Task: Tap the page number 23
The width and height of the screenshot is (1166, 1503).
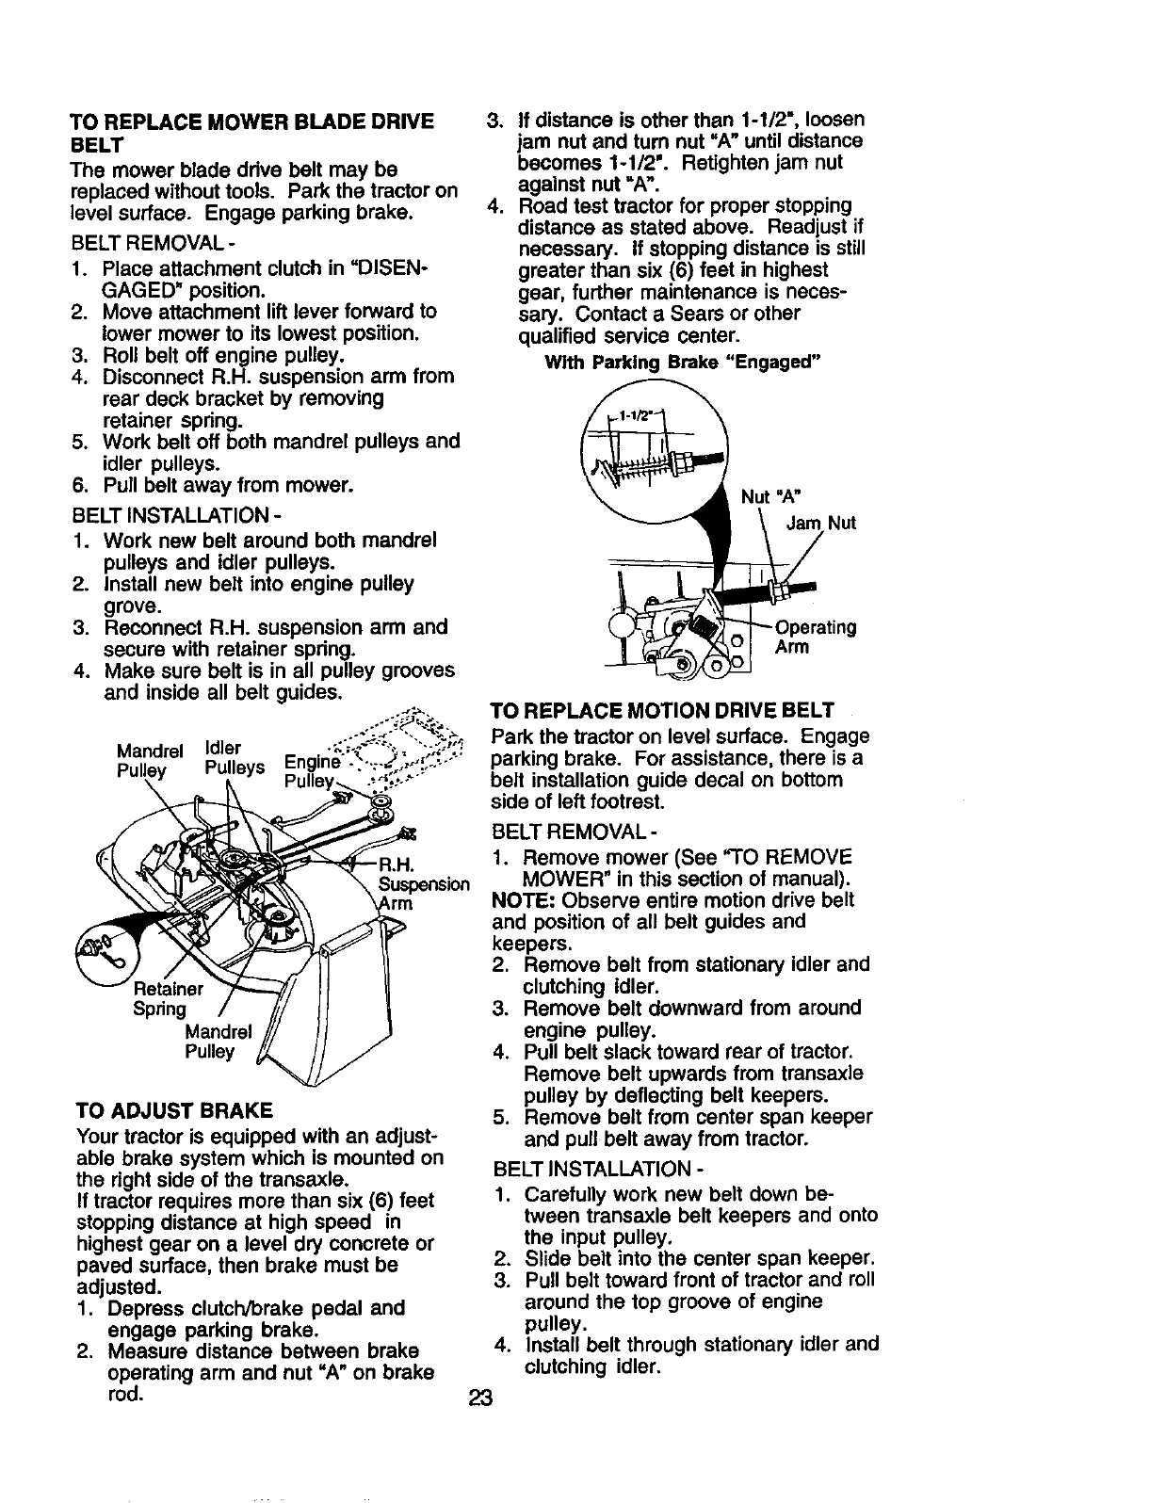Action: [481, 1398]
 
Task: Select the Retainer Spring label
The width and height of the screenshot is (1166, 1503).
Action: [167, 999]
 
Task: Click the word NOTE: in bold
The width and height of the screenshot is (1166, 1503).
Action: [520, 899]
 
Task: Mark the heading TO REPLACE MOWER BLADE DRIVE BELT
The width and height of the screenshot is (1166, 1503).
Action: [251, 133]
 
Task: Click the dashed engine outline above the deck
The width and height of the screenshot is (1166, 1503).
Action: [414, 744]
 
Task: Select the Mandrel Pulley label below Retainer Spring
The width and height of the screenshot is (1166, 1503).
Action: [218, 1041]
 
